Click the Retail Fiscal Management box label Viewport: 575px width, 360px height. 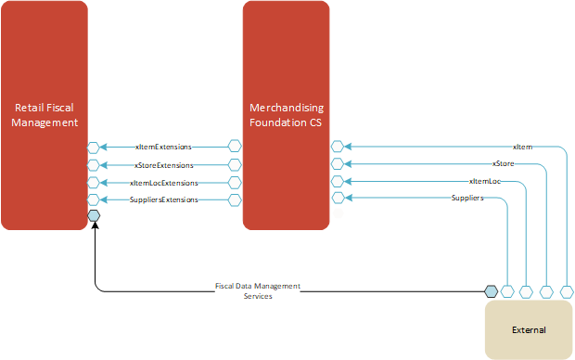(x=45, y=114)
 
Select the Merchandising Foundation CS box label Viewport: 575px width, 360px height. (x=286, y=114)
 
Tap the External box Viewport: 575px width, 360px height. (x=529, y=329)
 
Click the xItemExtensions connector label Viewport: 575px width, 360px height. (x=163, y=147)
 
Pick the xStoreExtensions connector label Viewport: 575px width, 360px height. (x=163, y=164)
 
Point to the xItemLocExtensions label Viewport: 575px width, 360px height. (x=163, y=182)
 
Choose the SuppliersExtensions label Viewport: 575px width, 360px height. (x=163, y=199)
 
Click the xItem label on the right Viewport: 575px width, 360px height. (x=522, y=147)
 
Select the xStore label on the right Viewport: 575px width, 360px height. (x=504, y=163)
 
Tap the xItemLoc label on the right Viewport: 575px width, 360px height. (x=486, y=180)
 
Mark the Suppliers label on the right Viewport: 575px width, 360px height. (x=466, y=198)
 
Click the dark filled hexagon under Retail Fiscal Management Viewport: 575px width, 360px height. (x=94, y=216)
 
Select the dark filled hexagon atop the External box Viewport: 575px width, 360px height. (x=492, y=291)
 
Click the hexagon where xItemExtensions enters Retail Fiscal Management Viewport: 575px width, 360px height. (x=94, y=147)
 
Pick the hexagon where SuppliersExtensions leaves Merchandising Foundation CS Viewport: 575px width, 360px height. (x=235, y=199)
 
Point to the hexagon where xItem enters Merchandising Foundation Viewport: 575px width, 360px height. (x=338, y=147)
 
